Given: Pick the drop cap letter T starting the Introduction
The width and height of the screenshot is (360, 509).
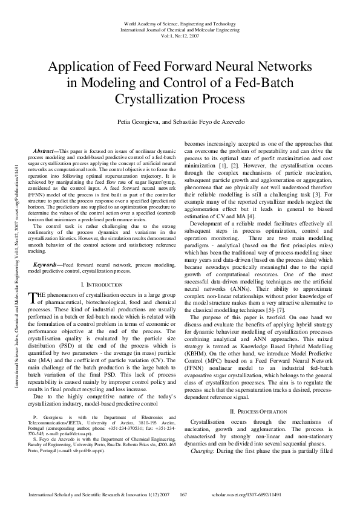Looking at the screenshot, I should coord(34,296).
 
